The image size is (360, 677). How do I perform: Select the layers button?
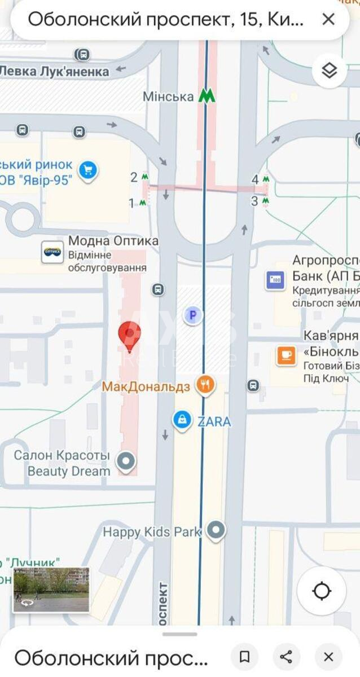pos(329,70)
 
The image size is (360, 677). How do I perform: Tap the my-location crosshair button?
pos(322,591)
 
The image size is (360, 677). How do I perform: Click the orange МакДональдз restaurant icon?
pos(204,385)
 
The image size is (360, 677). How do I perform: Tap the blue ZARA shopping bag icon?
pos(182,420)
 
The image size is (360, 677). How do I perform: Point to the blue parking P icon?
pos(192,315)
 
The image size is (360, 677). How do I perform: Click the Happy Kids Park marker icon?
pos(216,530)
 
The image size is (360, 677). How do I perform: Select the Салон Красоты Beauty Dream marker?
pos(125,461)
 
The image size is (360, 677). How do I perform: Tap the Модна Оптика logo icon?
pos(52,252)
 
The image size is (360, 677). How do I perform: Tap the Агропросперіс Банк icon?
pos(275,279)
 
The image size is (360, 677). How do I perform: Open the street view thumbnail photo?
pos(51,590)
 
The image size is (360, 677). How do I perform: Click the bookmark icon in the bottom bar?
pos(244,657)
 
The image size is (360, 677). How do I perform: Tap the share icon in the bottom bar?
pos(286,657)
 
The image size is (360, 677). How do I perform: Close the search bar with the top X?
pos(328,20)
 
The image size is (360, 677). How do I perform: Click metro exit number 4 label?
pos(255,179)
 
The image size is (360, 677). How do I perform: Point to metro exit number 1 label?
pos(132,203)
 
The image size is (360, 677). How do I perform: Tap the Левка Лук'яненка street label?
pos(54,72)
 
